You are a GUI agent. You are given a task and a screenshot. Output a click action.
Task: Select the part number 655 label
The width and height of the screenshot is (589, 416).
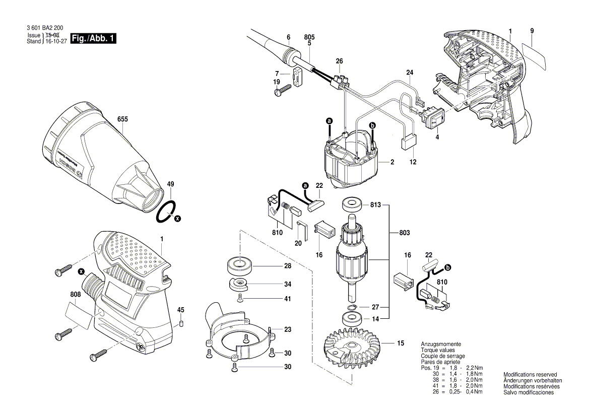tap(122, 119)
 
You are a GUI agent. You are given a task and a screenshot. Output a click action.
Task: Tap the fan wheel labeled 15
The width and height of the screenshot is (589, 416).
tap(353, 350)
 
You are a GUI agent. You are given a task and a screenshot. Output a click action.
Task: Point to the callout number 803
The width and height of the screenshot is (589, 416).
tap(404, 233)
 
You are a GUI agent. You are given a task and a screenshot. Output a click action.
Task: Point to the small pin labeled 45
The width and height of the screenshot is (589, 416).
tap(181, 324)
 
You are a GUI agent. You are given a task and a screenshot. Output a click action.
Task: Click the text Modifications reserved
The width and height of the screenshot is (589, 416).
tap(530, 375)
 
